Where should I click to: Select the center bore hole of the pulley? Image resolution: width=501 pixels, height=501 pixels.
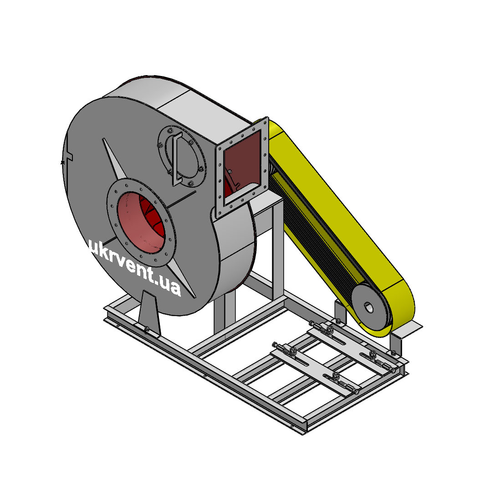click(x=369, y=308)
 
